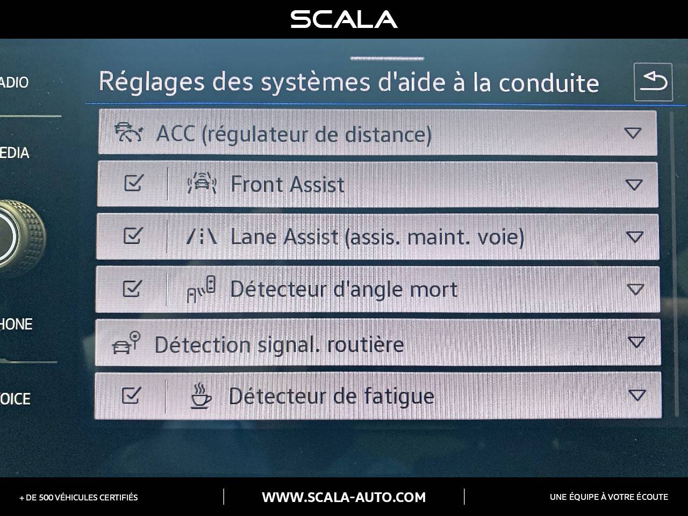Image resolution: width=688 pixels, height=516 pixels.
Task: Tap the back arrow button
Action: tap(653, 82)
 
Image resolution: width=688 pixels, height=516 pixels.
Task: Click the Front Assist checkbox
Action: tap(133, 184)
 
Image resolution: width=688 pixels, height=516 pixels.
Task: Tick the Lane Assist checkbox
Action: tap(132, 236)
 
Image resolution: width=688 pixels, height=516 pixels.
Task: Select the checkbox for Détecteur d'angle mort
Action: tap(132, 289)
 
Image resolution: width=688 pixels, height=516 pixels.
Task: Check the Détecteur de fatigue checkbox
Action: tap(131, 396)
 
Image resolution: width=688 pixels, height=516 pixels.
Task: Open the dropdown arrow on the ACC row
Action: tap(633, 133)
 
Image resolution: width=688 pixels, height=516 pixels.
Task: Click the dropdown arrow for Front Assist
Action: tap(634, 185)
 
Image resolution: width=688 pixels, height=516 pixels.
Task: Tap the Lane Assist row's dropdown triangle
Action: tap(635, 237)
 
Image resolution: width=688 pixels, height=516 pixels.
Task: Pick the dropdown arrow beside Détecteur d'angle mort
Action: tap(635, 290)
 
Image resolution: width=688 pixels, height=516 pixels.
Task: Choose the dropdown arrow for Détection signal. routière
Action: tap(636, 342)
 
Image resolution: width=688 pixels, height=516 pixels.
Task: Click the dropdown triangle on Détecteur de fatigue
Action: tap(637, 396)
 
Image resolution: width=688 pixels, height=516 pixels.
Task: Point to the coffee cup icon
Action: tap(201, 396)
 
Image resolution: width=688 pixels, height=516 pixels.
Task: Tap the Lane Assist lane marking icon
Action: tap(202, 236)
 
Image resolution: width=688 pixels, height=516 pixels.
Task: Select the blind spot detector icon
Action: tap(201, 289)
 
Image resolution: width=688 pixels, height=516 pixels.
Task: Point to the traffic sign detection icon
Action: tap(126, 343)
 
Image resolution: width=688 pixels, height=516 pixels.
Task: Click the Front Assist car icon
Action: tap(202, 184)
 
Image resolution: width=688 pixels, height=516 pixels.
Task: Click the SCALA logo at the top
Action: tap(344, 19)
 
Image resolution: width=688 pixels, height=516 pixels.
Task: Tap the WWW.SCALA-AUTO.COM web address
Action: tap(343, 497)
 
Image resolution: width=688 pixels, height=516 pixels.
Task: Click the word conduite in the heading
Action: tap(548, 83)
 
